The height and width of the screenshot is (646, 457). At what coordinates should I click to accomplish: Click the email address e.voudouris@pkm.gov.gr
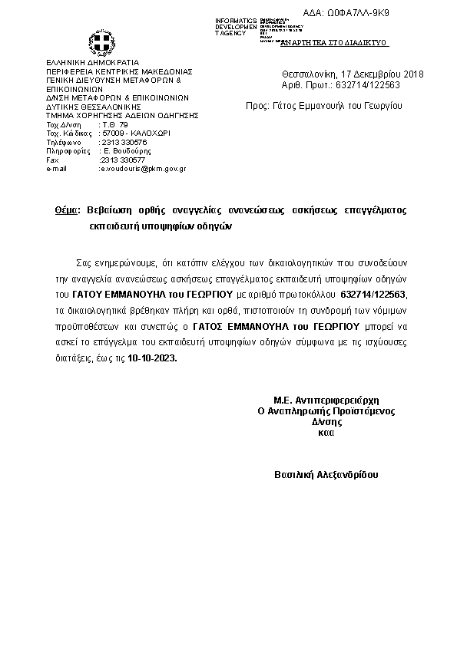click(144, 168)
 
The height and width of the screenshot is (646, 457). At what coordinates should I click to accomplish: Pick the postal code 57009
click(114, 133)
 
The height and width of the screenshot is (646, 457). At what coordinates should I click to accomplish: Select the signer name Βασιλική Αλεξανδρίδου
click(326, 475)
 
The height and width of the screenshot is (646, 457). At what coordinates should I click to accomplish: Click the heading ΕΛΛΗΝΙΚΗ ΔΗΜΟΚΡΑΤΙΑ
click(87, 62)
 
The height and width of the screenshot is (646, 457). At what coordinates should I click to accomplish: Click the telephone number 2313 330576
click(124, 142)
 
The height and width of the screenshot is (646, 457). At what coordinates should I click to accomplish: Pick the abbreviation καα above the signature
click(325, 433)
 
